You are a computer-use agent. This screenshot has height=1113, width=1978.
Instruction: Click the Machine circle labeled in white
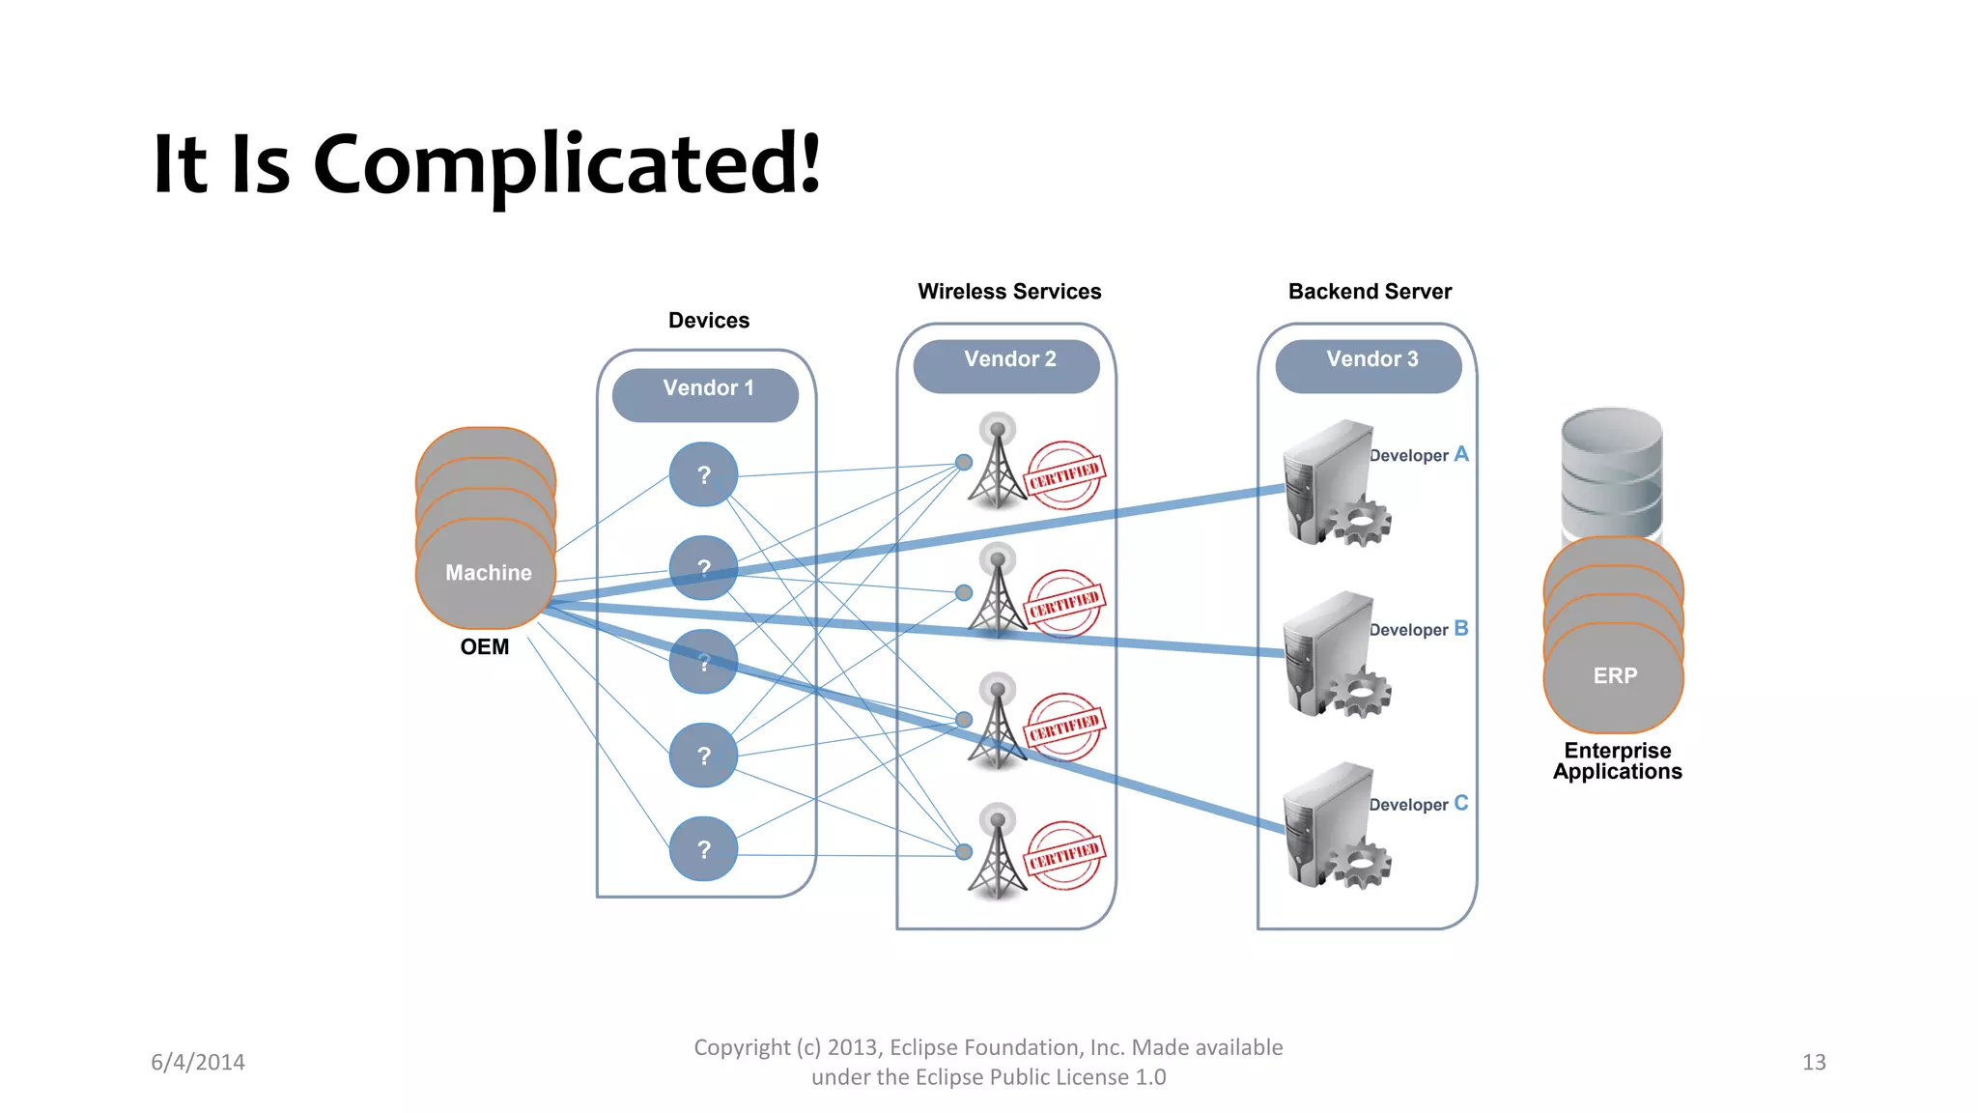pyautogui.click(x=487, y=573)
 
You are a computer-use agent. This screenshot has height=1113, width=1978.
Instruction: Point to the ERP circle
pyautogui.click(x=1614, y=676)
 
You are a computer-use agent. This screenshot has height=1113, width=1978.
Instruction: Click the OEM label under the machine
pyautogui.click(x=484, y=647)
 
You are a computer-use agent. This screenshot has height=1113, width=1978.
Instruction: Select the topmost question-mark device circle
pyautogui.click(x=703, y=474)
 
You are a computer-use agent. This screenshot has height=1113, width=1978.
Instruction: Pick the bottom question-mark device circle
pyautogui.click(x=703, y=849)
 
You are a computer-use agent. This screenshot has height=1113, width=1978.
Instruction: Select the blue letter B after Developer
pyautogui.click(x=1460, y=629)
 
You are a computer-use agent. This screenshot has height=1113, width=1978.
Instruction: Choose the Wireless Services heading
pyautogui.click(x=1009, y=292)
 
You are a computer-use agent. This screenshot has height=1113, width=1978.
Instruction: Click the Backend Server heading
pyautogui.click(x=1370, y=292)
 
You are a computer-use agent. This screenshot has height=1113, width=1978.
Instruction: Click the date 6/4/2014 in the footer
pyautogui.click(x=198, y=1063)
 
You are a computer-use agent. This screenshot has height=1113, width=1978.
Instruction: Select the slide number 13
pyautogui.click(x=1813, y=1063)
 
